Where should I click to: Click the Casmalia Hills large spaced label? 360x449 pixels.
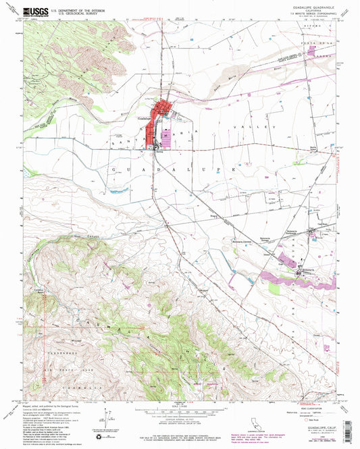(x=162, y=338)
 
